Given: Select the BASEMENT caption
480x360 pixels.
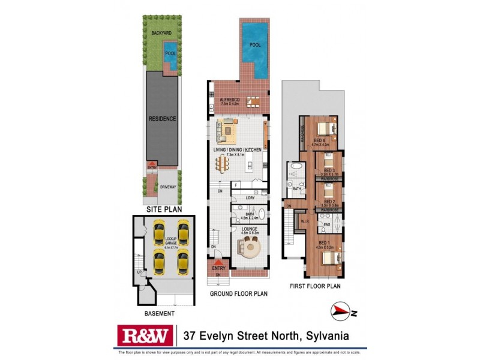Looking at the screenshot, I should [159, 314].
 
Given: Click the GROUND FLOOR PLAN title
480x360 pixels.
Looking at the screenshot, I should [238, 294].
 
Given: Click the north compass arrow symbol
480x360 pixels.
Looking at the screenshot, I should [341, 310].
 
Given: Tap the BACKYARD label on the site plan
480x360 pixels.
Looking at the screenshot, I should [162, 32].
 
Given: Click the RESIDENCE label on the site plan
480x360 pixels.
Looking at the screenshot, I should [162, 119].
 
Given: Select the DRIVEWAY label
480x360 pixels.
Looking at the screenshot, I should [169, 187].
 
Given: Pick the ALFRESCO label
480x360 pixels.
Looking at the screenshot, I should [230, 100].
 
